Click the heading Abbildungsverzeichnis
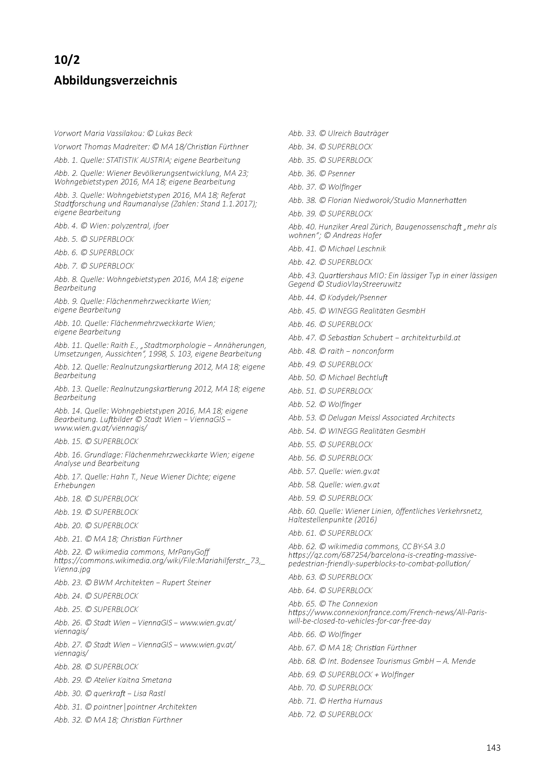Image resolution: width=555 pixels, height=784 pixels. coord(116,81)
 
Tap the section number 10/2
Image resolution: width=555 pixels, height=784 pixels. coord(67,60)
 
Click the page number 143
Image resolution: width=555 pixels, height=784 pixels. coord(493,748)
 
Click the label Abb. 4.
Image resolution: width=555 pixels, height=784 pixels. coord(66,226)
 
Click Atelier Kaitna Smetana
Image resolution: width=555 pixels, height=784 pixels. coord(133,680)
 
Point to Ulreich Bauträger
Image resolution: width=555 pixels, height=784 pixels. coord(358,133)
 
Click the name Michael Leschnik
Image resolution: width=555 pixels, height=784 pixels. coord(357,249)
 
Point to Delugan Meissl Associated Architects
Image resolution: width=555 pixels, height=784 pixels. coord(391,418)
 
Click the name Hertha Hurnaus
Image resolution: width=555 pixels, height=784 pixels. coord(355,701)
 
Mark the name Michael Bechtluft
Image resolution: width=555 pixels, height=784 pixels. coord(358,377)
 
